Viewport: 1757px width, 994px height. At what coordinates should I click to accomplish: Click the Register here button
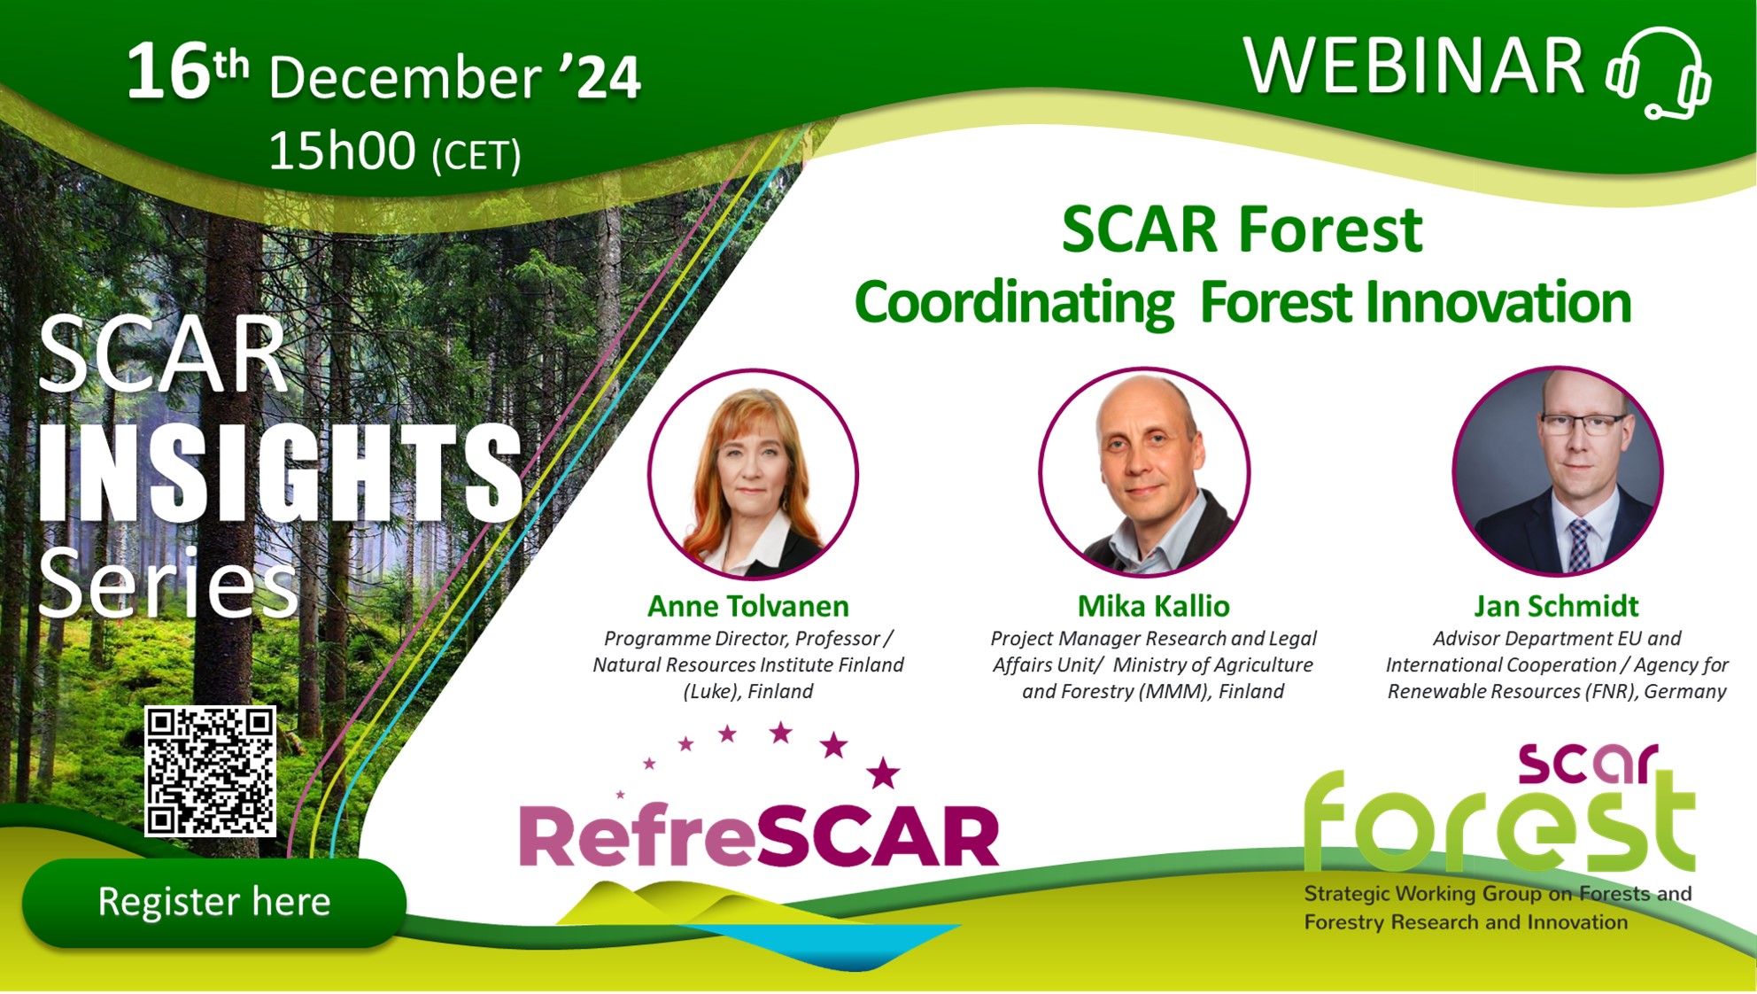[213, 902]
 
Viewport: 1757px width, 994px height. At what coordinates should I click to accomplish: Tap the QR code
[211, 771]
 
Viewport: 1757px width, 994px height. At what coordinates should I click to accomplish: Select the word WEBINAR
[1413, 67]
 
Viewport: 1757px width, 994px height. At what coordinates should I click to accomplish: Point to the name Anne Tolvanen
[747, 606]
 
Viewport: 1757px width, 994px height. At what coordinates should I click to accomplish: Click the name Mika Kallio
[1153, 606]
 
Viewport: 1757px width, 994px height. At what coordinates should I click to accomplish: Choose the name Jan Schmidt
[1556, 606]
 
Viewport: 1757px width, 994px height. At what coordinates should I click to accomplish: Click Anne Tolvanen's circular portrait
[753, 474]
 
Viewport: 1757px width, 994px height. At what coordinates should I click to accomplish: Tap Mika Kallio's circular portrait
[1144, 472]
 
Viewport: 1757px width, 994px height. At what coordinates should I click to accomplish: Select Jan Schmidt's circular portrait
[1558, 471]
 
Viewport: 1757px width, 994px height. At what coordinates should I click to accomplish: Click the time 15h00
[342, 151]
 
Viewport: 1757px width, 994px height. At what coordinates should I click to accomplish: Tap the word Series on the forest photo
[168, 583]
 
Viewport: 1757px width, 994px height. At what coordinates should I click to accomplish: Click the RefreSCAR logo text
[759, 837]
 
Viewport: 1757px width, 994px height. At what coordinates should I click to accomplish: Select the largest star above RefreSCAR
[883, 773]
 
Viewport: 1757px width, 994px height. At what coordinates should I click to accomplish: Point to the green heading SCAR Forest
[1242, 229]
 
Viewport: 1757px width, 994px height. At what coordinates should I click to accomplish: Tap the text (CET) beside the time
[476, 156]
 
